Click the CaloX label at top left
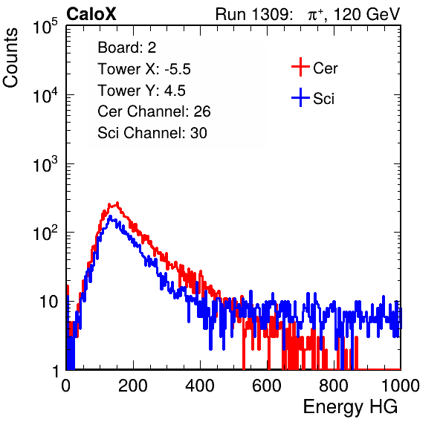click(91, 14)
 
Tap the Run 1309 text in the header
click(253, 14)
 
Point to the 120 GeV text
click(367, 14)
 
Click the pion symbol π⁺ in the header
click(315, 15)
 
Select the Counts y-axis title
click(10, 58)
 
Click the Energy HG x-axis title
click(350, 407)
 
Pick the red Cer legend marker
click(300, 67)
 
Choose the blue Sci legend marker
click(300, 97)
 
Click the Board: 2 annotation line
click(127, 48)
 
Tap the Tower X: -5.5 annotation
click(144, 69)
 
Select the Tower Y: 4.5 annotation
click(141, 91)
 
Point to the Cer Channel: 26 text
click(154, 111)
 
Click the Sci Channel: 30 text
click(152, 133)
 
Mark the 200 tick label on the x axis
click(133, 386)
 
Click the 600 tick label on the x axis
click(267, 386)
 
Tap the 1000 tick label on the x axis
click(401, 386)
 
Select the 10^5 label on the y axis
click(45, 27)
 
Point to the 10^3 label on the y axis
click(45, 164)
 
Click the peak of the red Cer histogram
click(117, 203)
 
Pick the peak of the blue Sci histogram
click(110, 216)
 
